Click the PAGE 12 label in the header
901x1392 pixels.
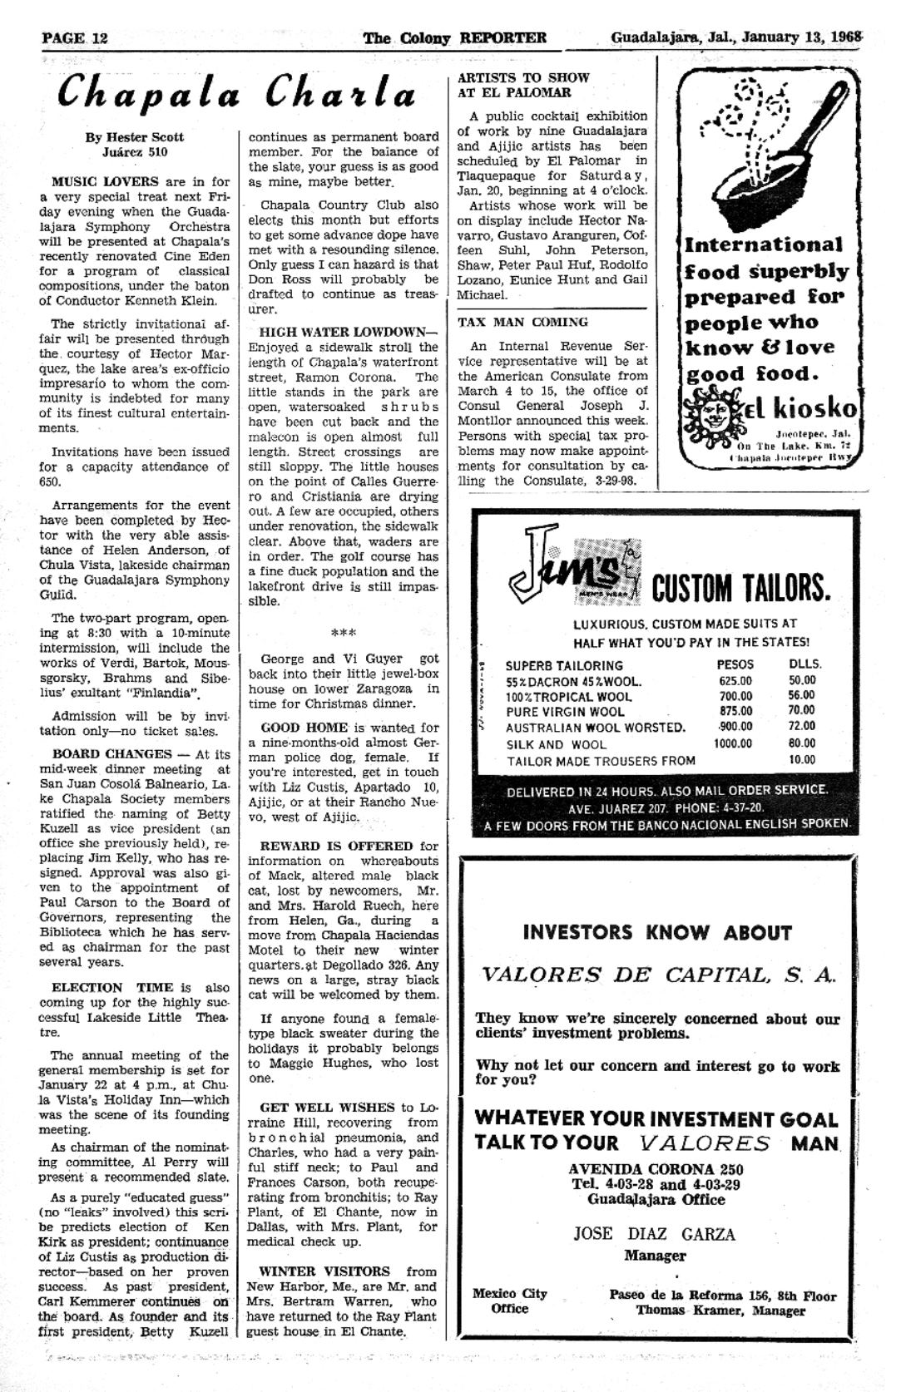point(75,38)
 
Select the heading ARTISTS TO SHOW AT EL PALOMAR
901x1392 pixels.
point(523,85)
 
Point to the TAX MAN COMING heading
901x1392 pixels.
point(522,322)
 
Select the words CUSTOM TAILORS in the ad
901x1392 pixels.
point(740,588)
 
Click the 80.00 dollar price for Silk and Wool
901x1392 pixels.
point(802,743)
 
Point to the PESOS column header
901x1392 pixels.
point(735,664)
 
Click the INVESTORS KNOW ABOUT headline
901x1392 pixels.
point(657,933)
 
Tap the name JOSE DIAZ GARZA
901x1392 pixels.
point(654,1234)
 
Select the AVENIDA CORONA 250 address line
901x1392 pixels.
point(656,1169)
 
